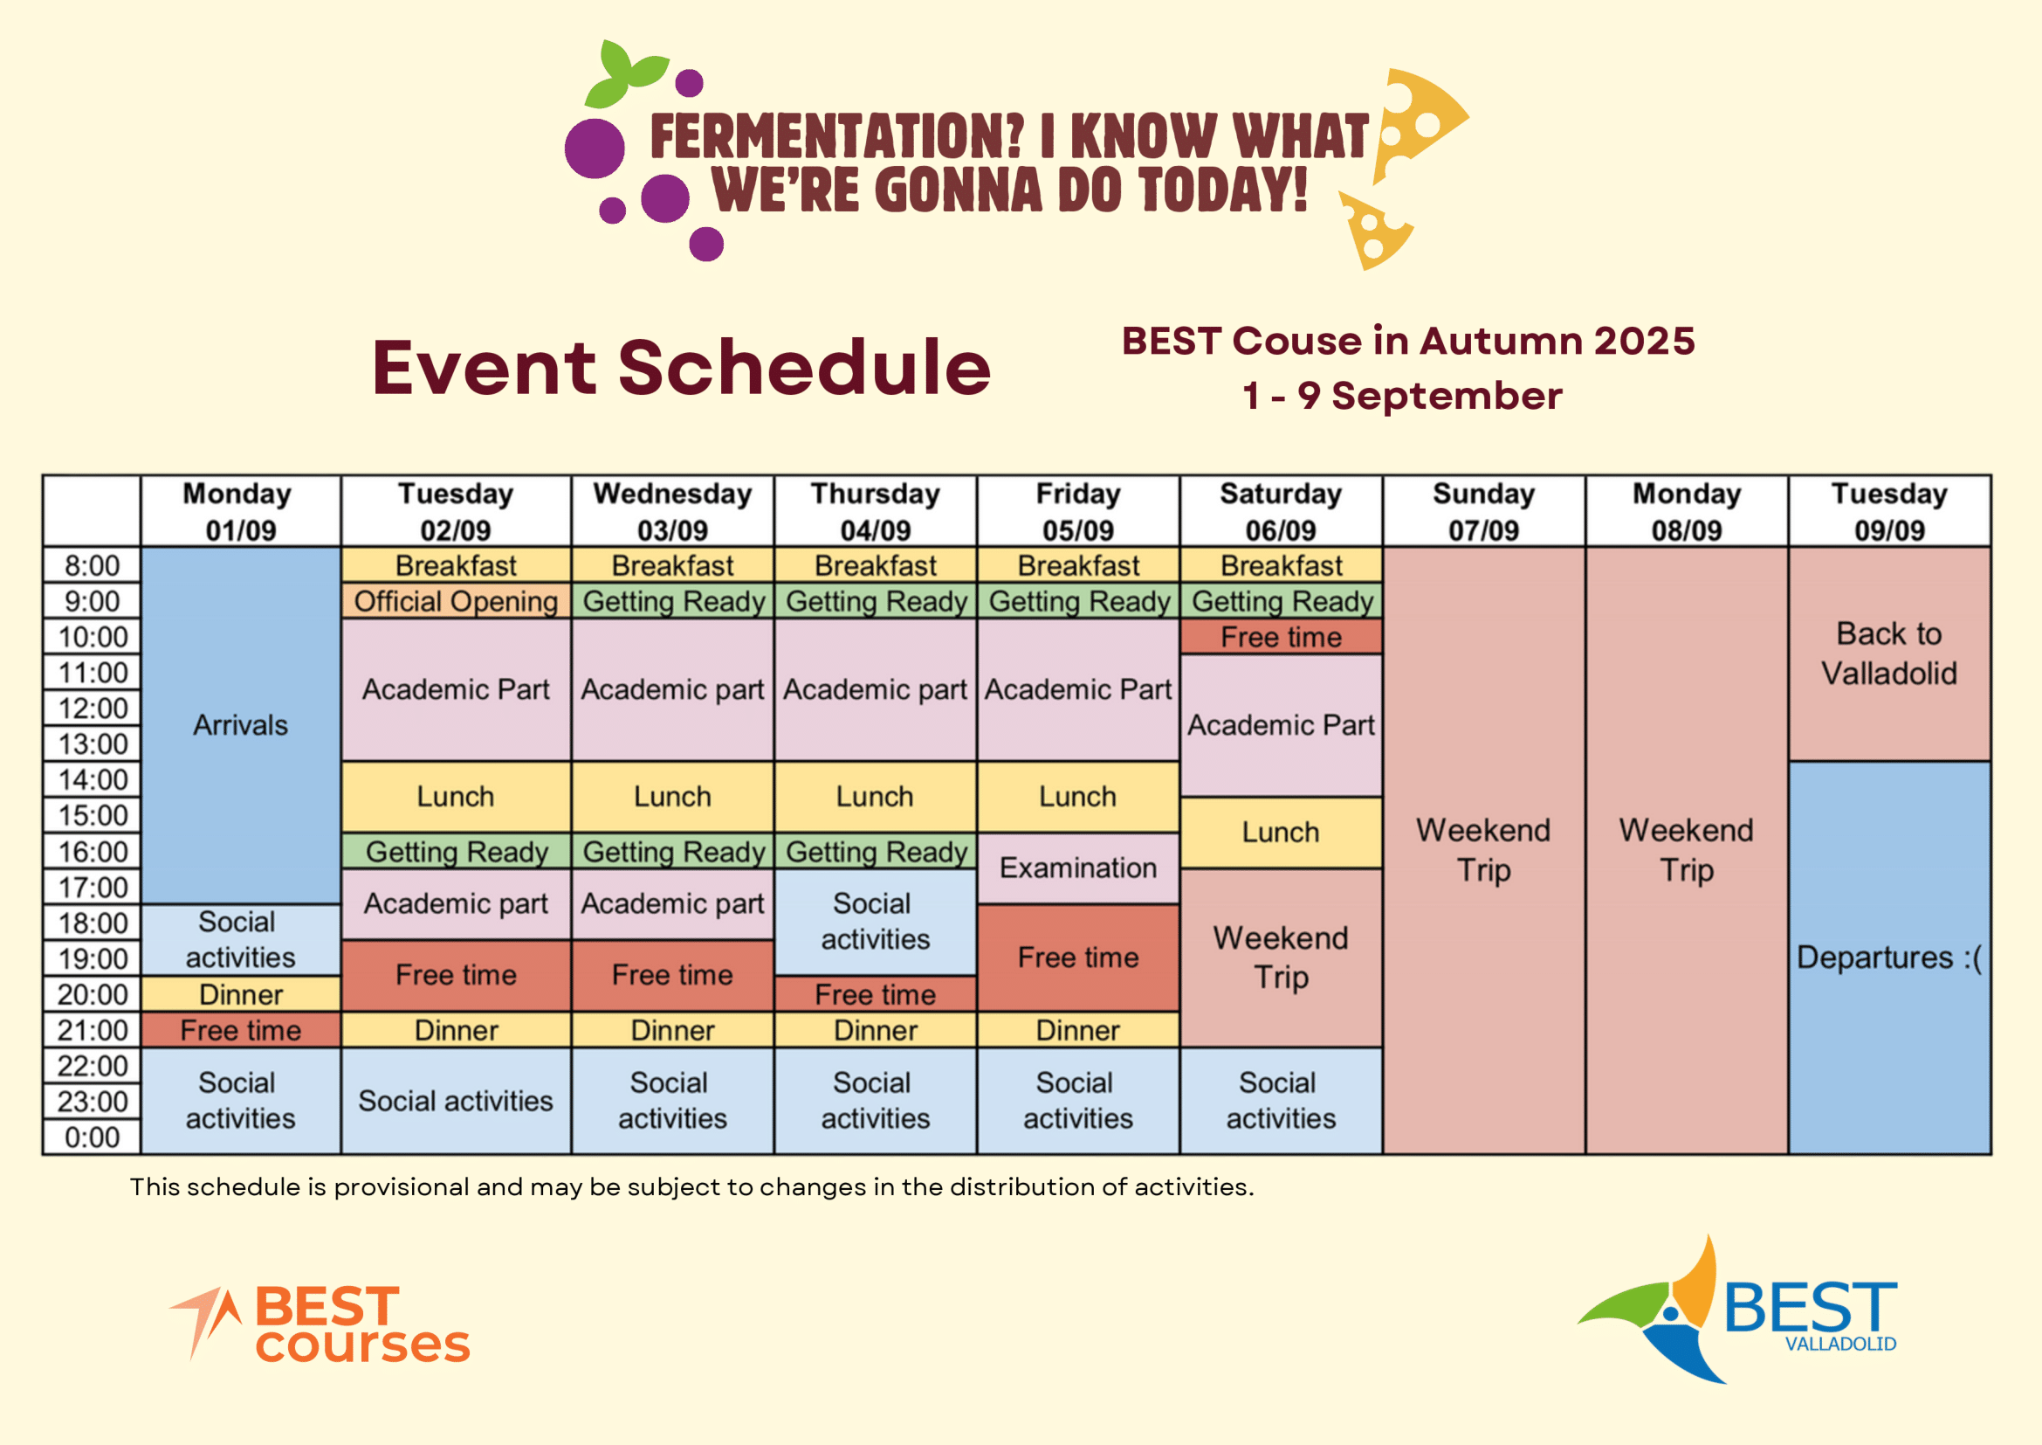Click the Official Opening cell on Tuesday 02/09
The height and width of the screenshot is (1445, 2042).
457,601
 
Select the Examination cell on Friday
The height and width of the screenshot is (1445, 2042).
1078,868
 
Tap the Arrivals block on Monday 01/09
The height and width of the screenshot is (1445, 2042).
241,725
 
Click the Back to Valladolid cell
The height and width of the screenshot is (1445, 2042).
1889,654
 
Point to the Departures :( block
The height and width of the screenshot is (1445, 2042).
1889,958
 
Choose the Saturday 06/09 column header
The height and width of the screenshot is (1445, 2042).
1281,512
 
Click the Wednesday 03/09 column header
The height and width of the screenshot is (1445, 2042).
672,512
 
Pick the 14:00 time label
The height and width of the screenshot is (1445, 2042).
93,780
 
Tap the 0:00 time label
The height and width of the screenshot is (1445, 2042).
93,1137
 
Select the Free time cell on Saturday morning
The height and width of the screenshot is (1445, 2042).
1281,637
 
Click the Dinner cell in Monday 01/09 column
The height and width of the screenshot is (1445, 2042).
241,994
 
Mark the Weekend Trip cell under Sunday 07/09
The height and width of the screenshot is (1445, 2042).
1483,851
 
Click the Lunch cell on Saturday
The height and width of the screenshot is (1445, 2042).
1281,833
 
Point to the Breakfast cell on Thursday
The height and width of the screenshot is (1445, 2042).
875,565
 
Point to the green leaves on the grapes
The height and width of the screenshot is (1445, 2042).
627,71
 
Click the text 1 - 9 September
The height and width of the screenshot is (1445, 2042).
1403,396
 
